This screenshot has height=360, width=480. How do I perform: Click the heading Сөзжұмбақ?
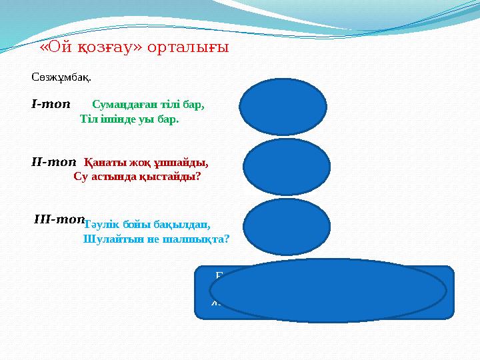(x=61, y=77)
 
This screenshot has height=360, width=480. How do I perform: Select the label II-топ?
(x=54, y=161)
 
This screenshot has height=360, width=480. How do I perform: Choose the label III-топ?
(x=59, y=219)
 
